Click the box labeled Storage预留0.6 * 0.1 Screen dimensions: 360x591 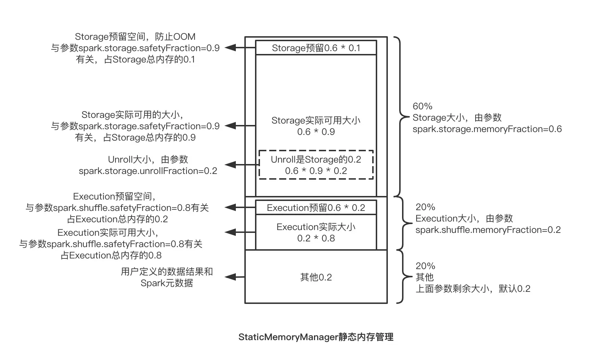pyautogui.click(x=316, y=48)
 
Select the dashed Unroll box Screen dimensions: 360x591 pyautogui.click(x=316, y=165)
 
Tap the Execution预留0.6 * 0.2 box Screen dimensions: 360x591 pyautogui.click(x=316, y=208)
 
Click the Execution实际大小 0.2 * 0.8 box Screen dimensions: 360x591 pyautogui.click(x=316, y=233)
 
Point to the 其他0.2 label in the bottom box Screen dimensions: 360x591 pyautogui.click(x=316, y=277)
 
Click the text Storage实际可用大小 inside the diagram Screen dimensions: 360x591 pyautogui.click(x=316, y=120)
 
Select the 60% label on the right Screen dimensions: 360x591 pyautogui.click(x=422, y=106)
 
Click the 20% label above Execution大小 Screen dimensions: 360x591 pyautogui.click(x=425, y=207)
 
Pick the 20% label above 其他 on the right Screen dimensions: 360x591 pyautogui.click(x=425, y=266)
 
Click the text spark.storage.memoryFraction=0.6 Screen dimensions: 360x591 pyautogui.click(x=487, y=129)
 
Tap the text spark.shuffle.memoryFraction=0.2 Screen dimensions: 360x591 pyautogui.click(x=488, y=230)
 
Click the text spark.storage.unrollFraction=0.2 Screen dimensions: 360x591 pyautogui.click(x=148, y=171)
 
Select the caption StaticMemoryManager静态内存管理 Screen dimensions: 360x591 pyautogui.click(x=316, y=337)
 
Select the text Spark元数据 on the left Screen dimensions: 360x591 pyautogui.click(x=167, y=283)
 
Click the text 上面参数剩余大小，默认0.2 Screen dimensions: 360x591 pyautogui.click(x=473, y=289)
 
